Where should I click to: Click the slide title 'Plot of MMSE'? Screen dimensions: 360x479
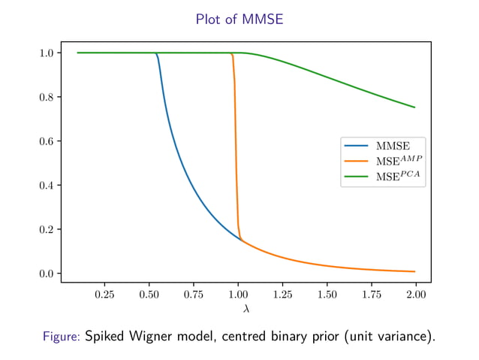pyautogui.click(x=239, y=20)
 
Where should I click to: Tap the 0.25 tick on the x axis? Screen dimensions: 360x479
pyautogui.click(x=104, y=295)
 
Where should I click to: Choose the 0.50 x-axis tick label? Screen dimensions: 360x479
pyautogui.click(x=149, y=295)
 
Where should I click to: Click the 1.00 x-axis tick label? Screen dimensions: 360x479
pyautogui.click(x=238, y=295)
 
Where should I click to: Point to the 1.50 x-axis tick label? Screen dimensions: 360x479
pyautogui.click(x=327, y=295)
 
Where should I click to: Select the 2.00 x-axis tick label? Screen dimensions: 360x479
pyautogui.click(x=415, y=295)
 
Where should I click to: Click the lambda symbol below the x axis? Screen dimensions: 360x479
pyautogui.click(x=246, y=309)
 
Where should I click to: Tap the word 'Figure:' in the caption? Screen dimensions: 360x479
pyautogui.click(x=62, y=337)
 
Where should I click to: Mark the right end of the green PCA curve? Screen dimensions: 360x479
pyautogui.click(x=414, y=107)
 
